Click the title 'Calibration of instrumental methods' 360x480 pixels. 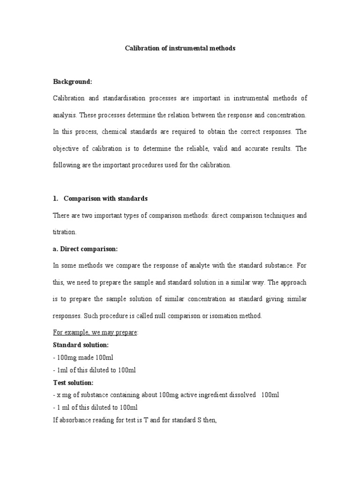click(180, 48)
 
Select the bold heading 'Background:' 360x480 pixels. click(73, 82)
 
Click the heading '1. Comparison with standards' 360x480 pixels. click(100, 198)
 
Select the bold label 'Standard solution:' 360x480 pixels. click(81, 345)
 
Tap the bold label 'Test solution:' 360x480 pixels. click(73, 382)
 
